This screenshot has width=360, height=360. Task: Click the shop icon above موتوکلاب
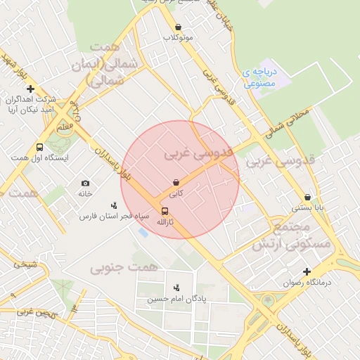[177, 27]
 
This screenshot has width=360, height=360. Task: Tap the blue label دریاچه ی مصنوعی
[262, 77]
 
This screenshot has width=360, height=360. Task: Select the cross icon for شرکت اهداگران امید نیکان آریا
[30, 89]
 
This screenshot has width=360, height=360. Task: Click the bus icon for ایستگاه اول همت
[39, 148]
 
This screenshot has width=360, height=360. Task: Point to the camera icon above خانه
[86, 183]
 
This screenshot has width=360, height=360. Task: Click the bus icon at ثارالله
[165, 211]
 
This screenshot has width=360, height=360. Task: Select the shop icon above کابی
[175, 182]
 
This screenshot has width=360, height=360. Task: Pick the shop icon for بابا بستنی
[308, 198]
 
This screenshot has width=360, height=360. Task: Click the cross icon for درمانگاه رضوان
[307, 271]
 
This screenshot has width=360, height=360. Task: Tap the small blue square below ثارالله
[143, 233]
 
